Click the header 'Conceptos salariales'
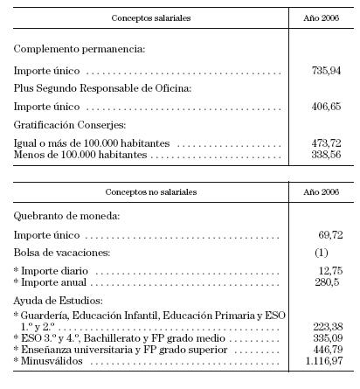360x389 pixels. pos(149,17)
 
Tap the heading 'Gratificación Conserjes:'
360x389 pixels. pos(64,125)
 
